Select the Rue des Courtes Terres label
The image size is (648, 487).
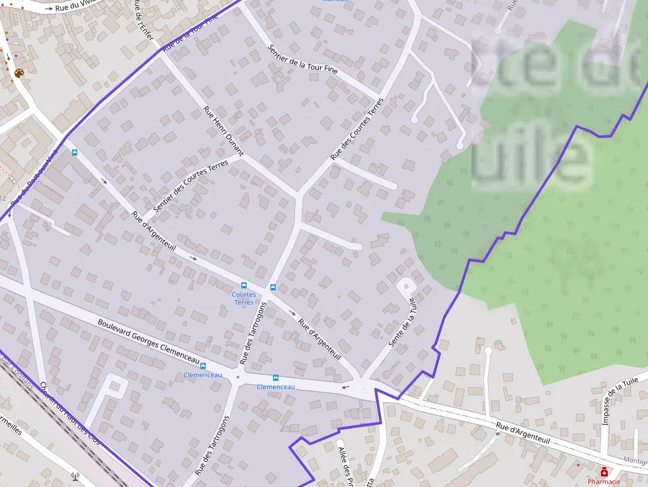pos(357,129)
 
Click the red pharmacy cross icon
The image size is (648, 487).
pos(604,472)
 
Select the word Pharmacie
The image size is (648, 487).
pos(604,482)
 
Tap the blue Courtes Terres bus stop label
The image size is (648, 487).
pos(243,298)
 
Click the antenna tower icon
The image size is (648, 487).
pos(75,476)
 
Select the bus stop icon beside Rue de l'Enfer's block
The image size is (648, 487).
pos(74,153)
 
